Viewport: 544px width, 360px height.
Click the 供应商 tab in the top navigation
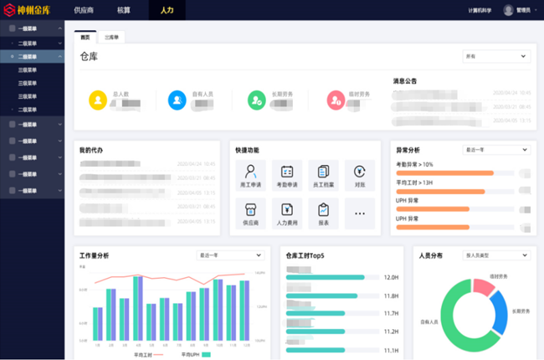coord(84,9)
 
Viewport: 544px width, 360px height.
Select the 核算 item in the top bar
coord(124,9)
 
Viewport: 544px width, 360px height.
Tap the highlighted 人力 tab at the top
coord(167,9)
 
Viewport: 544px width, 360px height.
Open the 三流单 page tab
coord(111,38)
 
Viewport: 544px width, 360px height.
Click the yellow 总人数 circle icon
coord(98,100)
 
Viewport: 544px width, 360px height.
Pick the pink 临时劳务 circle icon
coord(335,100)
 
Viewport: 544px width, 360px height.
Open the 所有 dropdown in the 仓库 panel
coord(496,56)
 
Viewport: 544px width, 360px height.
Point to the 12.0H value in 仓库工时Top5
coord(390,277)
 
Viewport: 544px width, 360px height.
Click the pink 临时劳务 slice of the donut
coord(484,286)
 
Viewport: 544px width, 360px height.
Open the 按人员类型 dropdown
coord(496,255)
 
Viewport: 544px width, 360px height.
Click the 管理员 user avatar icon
coord(508,10)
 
